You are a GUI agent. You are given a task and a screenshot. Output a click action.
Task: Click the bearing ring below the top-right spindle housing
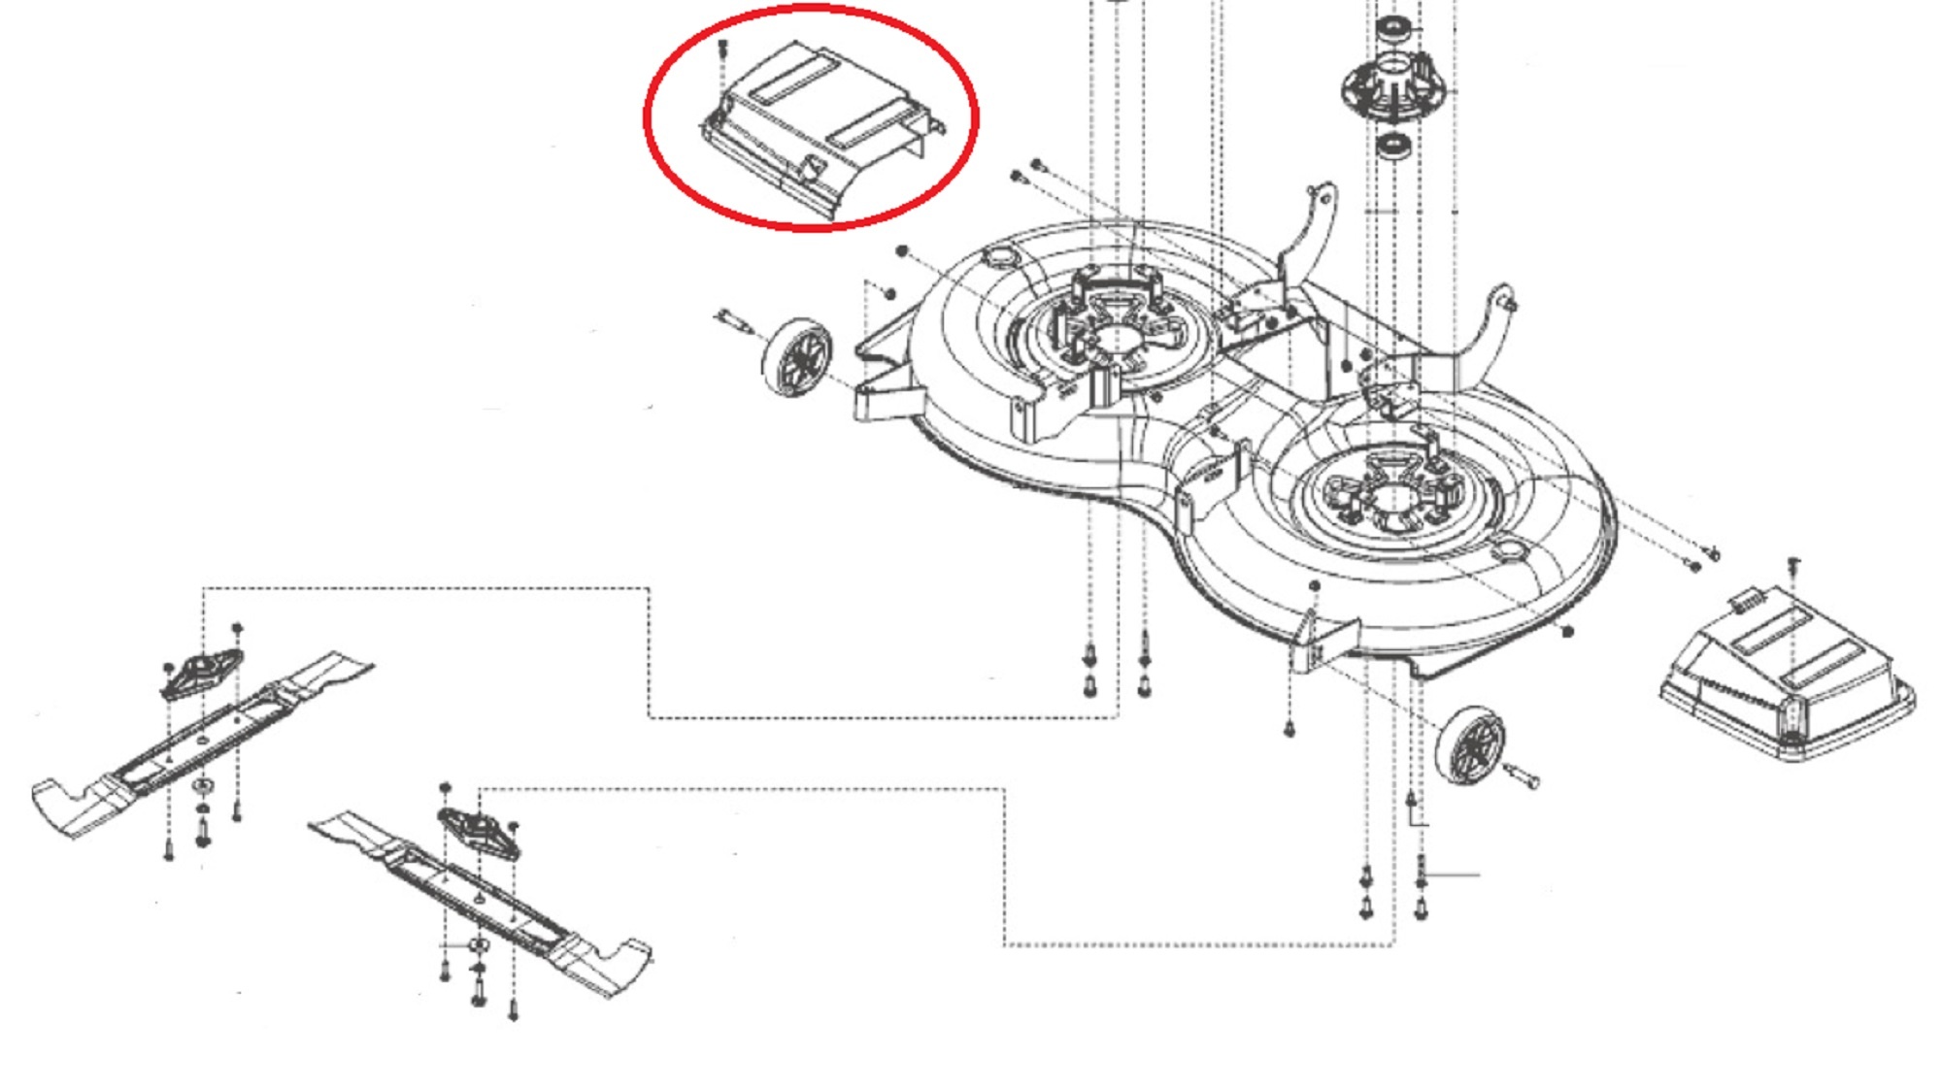(x=1394, y=147)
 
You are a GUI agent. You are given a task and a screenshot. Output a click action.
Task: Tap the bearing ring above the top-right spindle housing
(x=1393, y=26)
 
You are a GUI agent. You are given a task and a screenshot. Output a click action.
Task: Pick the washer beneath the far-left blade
(x=202, y=783)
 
